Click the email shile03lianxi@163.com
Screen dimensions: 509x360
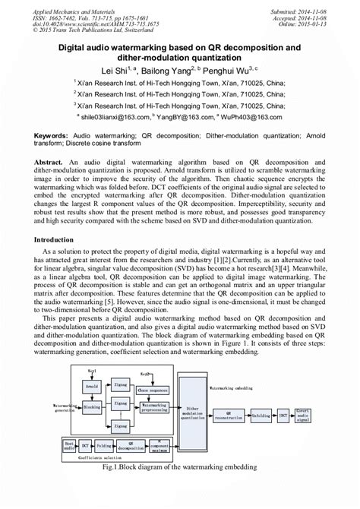[x=115, y=118]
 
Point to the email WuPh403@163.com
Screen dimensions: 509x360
[x=248, y=118]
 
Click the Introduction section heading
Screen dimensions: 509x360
[x=58, y=239]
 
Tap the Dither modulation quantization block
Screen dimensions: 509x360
[x=200, y=413]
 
